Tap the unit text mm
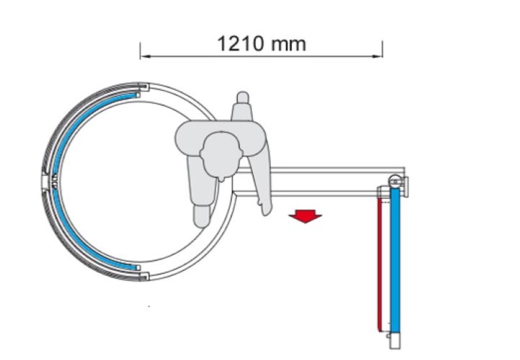click(x=288, y=46)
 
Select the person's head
click(x=221, y=154)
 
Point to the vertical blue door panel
click(x=395, y=261)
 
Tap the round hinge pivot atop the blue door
click(x=395, y=181)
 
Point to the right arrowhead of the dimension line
click(x=377, y=56)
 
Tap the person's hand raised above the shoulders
click(x=243, y=106)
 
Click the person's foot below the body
click(x=202, y=217)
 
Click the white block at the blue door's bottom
click(x=395, y=340)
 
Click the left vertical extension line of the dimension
click(x=140, y=50)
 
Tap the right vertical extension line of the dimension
click(x=383, y=49)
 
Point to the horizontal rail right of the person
click(x=319, y=181)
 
